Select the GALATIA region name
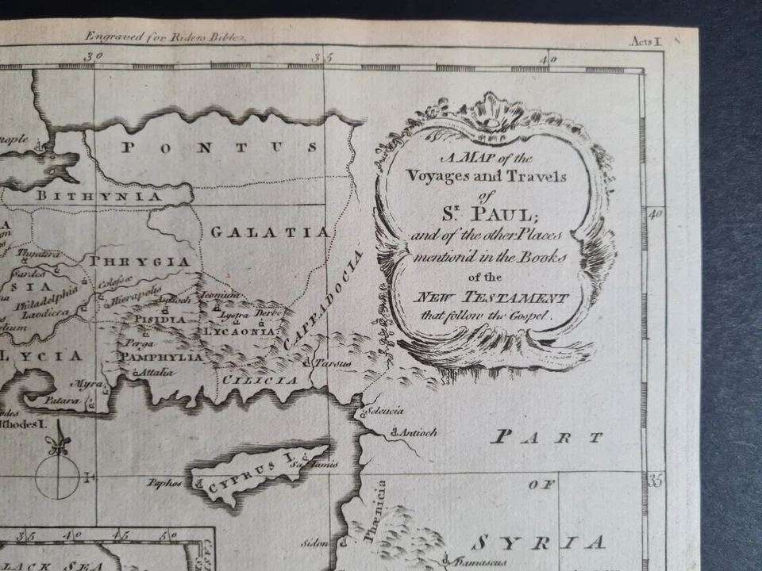pyautogui.click(x=270, y=232)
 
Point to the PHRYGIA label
pyautogui.click(x=140, y=262)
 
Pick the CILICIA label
pyautogui.click(x=260, y=381)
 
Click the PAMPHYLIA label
pyautogui.click(x=161, y=357)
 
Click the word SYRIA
pyautogui.click(x=537, y=543)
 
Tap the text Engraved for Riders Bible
pyautogui.click(x=166, y=36)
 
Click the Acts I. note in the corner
pyautogui.click(x=645, y=41)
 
